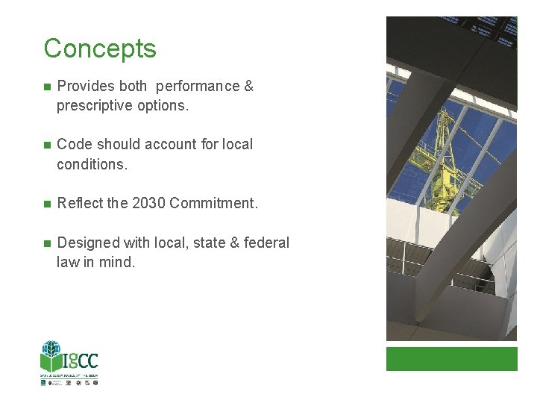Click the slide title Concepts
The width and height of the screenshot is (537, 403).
pos(100,49)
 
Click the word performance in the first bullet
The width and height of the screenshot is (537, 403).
pos(198,87)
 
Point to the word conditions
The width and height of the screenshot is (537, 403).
pos(92,163)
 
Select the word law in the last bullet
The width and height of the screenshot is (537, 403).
pos(68,262)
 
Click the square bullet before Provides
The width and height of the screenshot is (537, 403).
pos(46,87)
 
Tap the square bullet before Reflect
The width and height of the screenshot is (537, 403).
pos(46,204)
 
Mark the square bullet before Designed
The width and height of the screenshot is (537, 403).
pos(46,243)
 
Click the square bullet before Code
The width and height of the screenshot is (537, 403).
pos(46,145)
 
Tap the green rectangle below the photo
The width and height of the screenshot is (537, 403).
pos(451,358)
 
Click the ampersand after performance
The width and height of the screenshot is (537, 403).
pos(248,87)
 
